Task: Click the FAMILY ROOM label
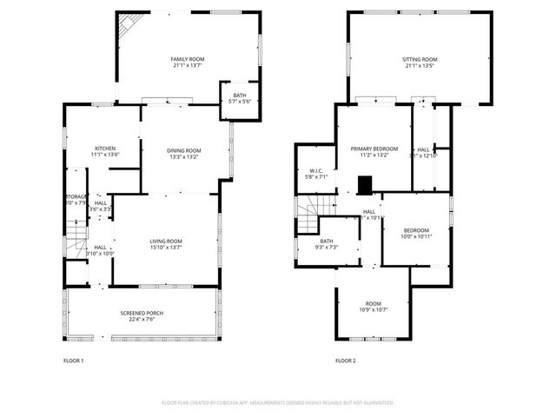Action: pos(189,58)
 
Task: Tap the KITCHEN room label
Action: pos(104,149)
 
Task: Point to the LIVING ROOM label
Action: pos(165,241)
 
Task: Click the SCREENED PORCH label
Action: pos(142,313)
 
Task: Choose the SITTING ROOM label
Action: pos(419,58)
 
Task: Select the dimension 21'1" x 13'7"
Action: pos(189,64)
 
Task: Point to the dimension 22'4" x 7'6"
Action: pos(142,319)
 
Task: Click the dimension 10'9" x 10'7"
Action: pos(373,309)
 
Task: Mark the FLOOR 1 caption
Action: pos(74,361)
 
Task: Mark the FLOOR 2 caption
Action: pos(346,361)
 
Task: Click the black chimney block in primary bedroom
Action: pos(366,184)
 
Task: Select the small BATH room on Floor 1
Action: pos(239,96)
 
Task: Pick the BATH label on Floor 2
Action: pos(326,242)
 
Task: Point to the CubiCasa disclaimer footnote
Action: pos(278,403)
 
